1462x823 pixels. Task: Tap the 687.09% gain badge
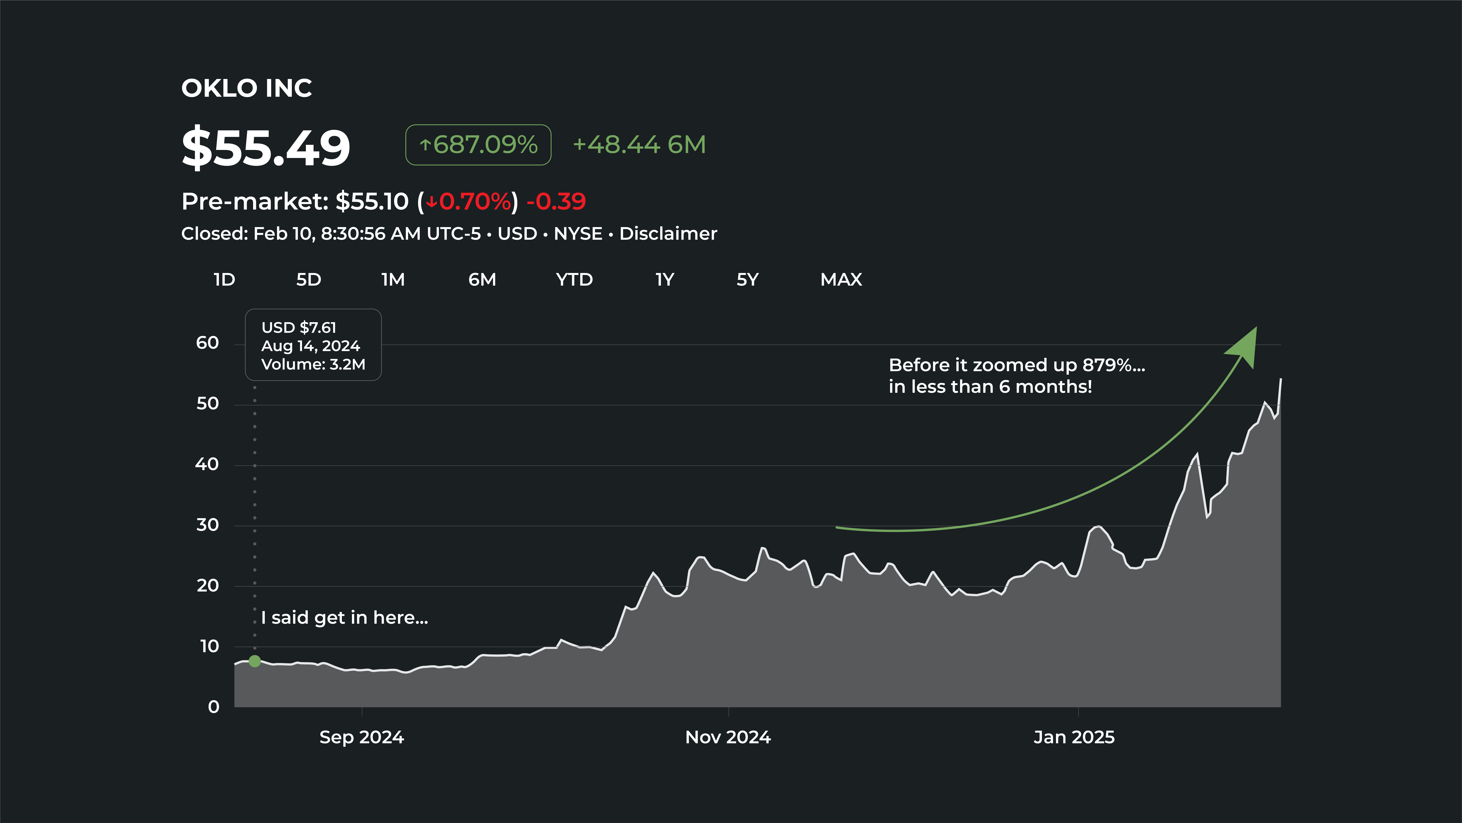(x=478, y=145)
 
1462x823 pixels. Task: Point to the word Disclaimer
(x=668, y=233)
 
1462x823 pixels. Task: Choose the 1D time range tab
(x=224, y=279)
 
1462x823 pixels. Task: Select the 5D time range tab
(x=309, y=279)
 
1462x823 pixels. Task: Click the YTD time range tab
(x=574, y=279)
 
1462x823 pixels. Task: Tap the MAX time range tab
(x=841, y=279)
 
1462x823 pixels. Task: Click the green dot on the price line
(x=255, y=661)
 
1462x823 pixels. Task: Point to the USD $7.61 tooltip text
(x=299, y=328)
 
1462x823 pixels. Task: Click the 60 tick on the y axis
(x=207, y=343)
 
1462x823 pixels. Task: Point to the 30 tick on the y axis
(x=207, y=525)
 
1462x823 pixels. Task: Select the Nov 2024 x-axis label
(x=728, y=737)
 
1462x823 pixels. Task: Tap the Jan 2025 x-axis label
(x=1074, y=737)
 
